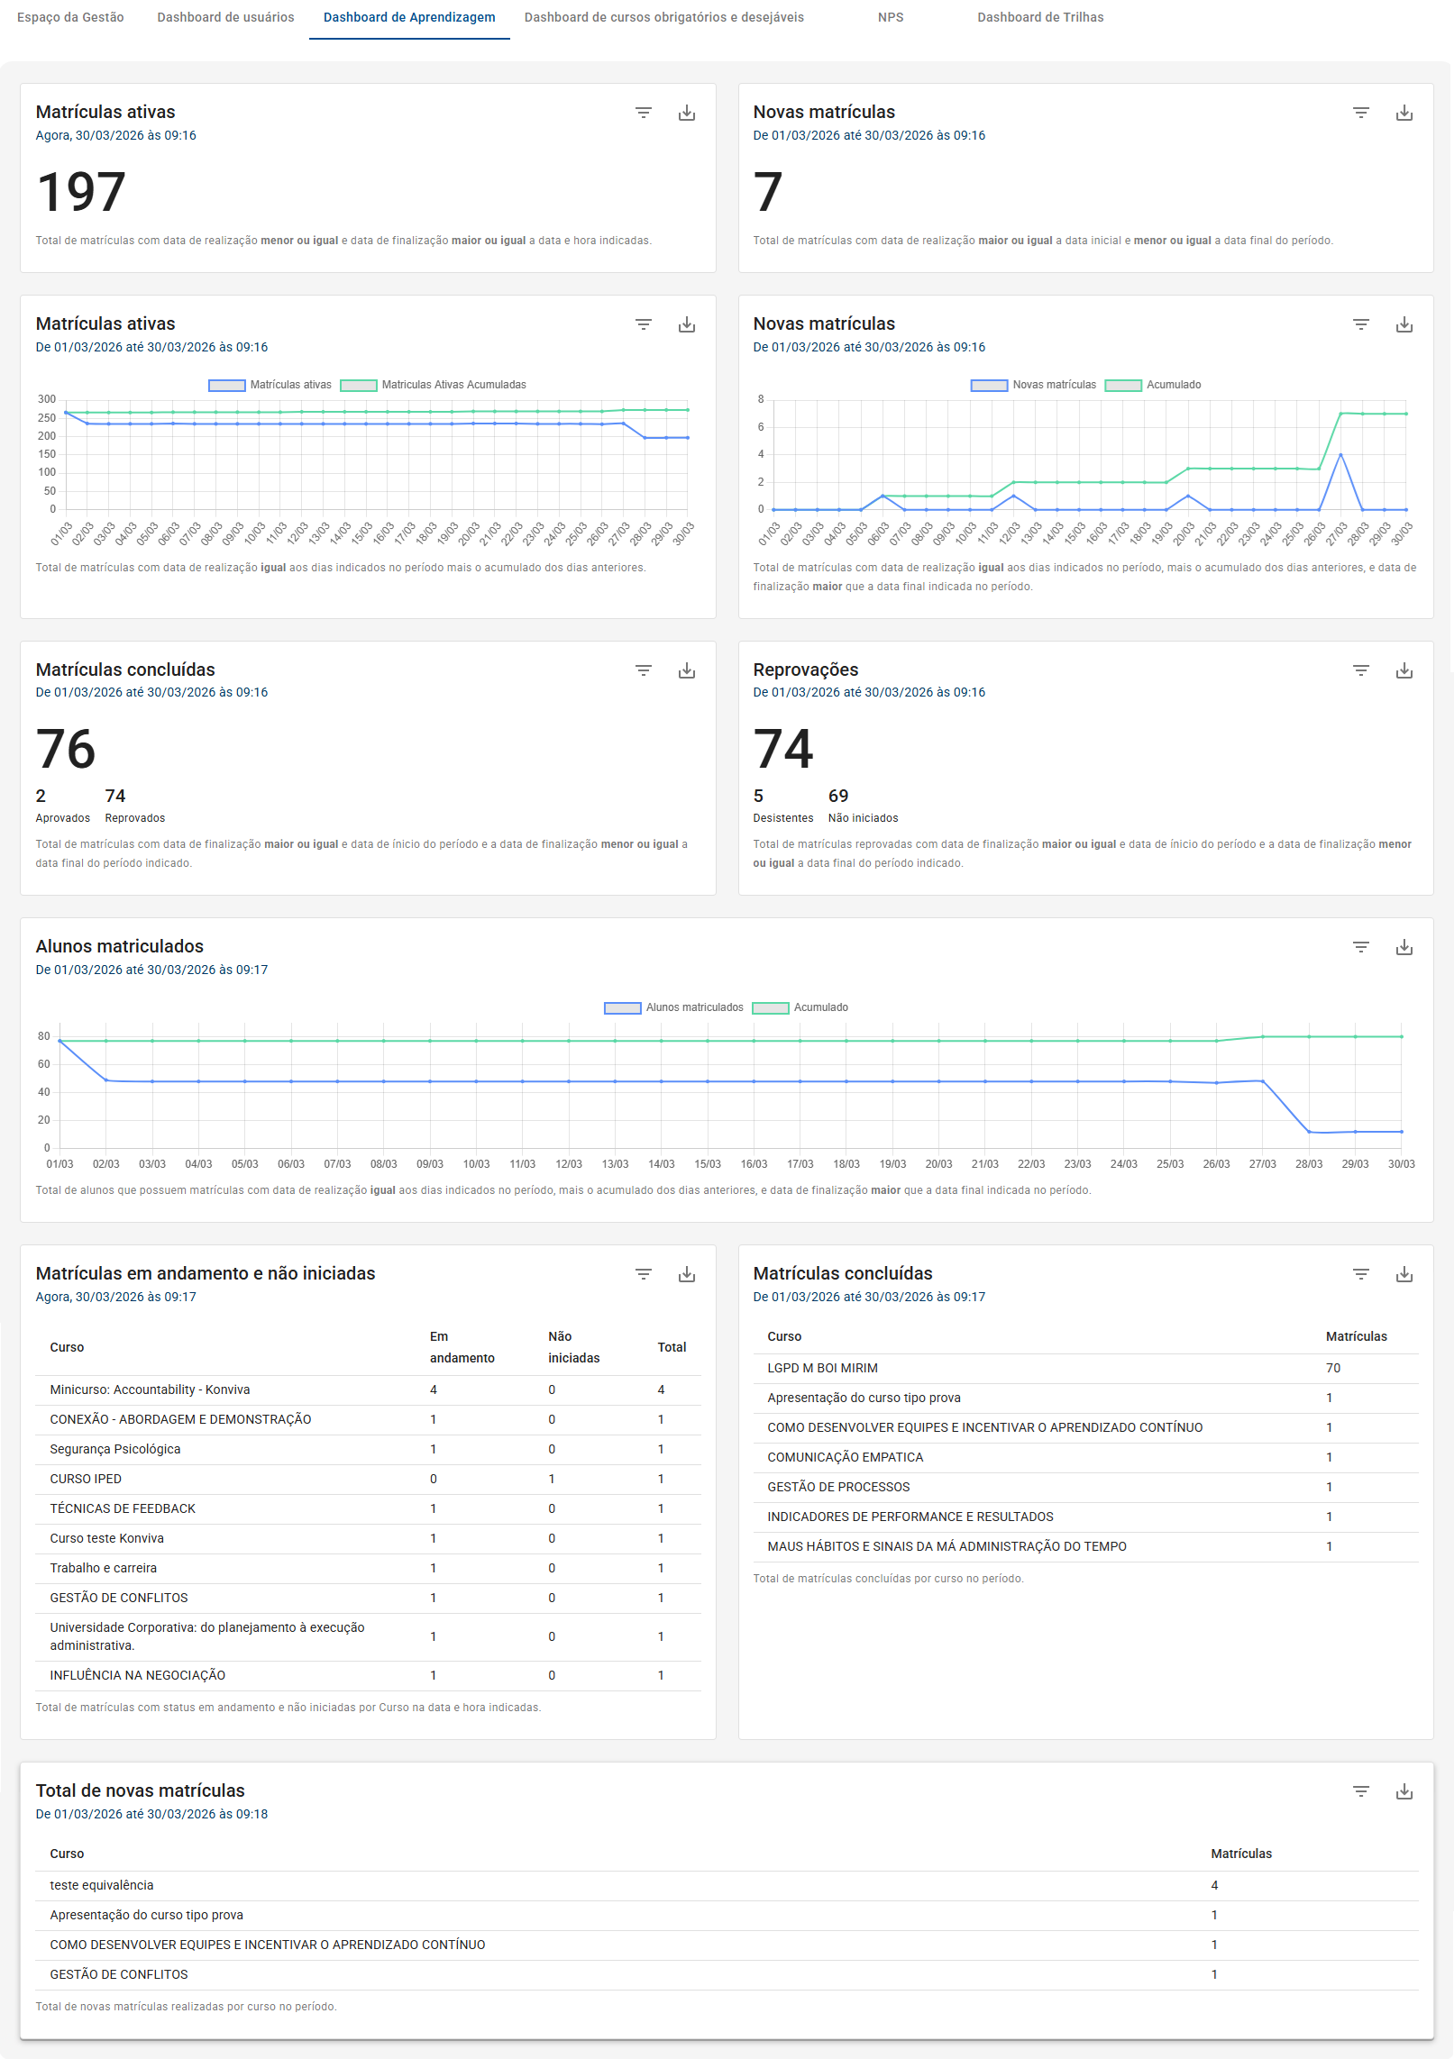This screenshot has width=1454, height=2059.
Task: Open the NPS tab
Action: (x=890, y=17)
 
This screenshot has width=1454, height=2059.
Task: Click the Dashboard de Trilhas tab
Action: (x=1039, y=17)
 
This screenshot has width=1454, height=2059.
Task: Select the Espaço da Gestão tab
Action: (x=70, y=17)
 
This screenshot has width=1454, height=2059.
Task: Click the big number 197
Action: (x=81, y=192)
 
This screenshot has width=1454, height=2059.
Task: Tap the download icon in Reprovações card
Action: (x=1404, y=670)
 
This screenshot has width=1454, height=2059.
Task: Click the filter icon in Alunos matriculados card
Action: (x=1360, y=947)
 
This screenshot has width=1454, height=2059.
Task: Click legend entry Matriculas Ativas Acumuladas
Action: (x=453, y=385)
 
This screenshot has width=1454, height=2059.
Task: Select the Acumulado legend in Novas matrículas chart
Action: (x=1172, y=385)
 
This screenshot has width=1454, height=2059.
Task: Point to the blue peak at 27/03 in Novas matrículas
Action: (x=1340, y=455)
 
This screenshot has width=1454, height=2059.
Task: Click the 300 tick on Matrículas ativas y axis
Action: (x=47, y=399)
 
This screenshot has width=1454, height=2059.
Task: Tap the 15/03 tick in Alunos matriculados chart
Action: (x=708, y=1164)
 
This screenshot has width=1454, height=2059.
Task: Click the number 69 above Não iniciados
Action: (x=837, y=796)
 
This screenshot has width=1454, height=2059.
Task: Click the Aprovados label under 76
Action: (x=62, y=818)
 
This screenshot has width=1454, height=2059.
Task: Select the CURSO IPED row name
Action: (x=86, y=1479)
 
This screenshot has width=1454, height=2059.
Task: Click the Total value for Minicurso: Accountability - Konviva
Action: (x=661, y=1389)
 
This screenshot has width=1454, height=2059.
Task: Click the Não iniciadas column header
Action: (x=573, y=1347)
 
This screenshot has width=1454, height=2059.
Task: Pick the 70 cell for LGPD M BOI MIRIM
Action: (x=1332, y=1368)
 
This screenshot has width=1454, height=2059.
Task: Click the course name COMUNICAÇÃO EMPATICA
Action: (x=845, y=1457)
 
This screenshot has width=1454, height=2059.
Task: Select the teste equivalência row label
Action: (x=102, y=1885)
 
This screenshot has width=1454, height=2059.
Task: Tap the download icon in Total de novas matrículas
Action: (x=1404, y=1791)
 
